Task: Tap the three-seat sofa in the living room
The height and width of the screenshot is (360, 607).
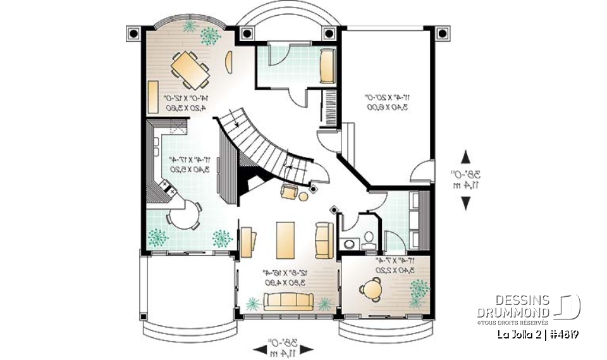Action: tap(288, 302)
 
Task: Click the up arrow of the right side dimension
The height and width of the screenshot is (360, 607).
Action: tap(466, 156)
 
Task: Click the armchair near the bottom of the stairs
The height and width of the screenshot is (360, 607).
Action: tap(289, 192)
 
